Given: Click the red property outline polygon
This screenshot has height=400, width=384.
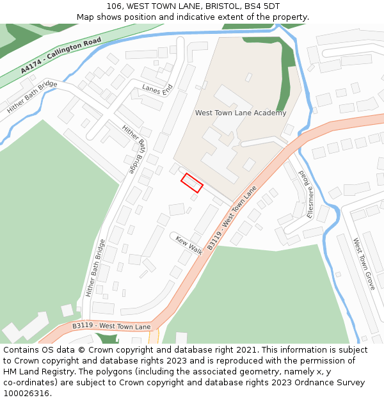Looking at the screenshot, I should click(x=192, y=182).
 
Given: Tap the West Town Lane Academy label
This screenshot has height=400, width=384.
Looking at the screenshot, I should click(x=240, y=113).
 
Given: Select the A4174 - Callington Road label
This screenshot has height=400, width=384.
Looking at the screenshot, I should click(x=61, y=55).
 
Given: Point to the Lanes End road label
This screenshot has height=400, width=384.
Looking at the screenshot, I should click(x=157, y=90).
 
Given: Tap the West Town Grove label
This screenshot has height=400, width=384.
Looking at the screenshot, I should click(x=364, y=264).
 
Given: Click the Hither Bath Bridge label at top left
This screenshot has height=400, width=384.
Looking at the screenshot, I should click(x=32, y=98).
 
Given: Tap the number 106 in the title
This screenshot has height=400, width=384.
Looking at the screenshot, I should click(x=115, y=6).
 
